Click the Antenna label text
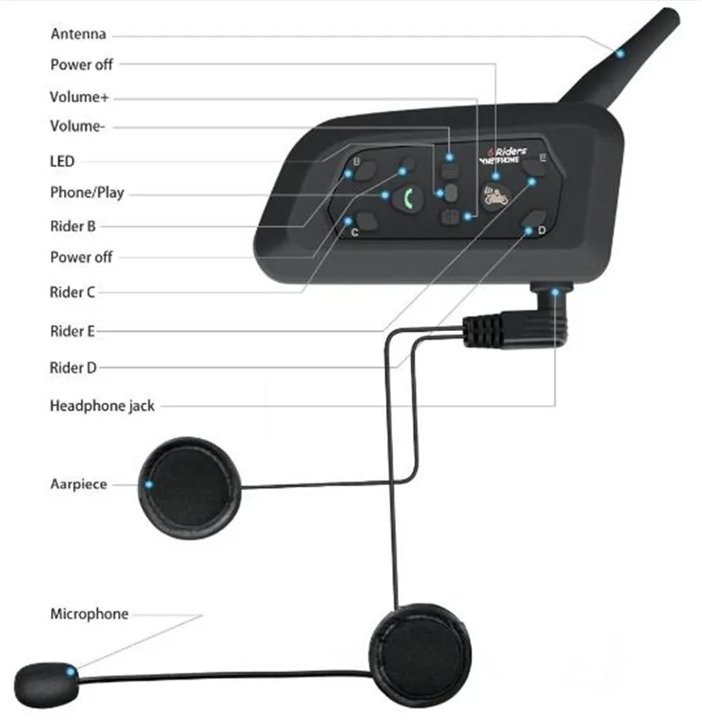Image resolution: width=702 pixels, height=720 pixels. coord(78,34)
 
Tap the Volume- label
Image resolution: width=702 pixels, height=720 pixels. coord(77,127)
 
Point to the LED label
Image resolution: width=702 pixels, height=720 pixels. coord(62,162)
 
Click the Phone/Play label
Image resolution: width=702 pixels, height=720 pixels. coord(87,193)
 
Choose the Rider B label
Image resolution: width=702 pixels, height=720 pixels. coord(73,226)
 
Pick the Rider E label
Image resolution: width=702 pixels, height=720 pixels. coord(73,331)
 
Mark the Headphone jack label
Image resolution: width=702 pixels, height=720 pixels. coord(102,406)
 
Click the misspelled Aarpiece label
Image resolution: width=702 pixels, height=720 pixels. coord(78,484)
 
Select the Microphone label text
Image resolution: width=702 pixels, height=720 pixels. coord(89,614)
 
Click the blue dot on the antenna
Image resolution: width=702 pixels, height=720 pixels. coord(620,54)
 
